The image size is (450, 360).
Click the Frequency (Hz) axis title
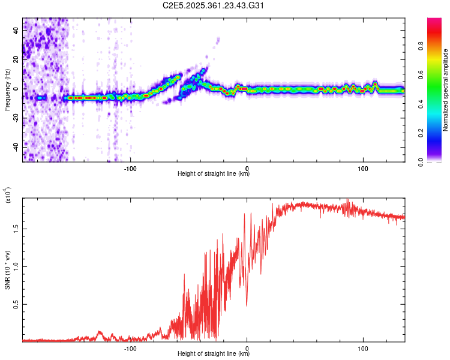tap(8, 90)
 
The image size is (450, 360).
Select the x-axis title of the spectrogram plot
tap(214, 174)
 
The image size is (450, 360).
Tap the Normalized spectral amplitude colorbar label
tap(445, 90)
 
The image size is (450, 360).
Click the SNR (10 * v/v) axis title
tap(8, 270)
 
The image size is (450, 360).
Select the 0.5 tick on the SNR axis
tap(16, 305)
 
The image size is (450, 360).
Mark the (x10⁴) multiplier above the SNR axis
tap(8, 195)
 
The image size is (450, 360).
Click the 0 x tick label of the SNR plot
tap(247, 347)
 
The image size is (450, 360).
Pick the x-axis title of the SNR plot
tap(214, 354)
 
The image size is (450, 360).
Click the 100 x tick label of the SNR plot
tap(362, 347)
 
